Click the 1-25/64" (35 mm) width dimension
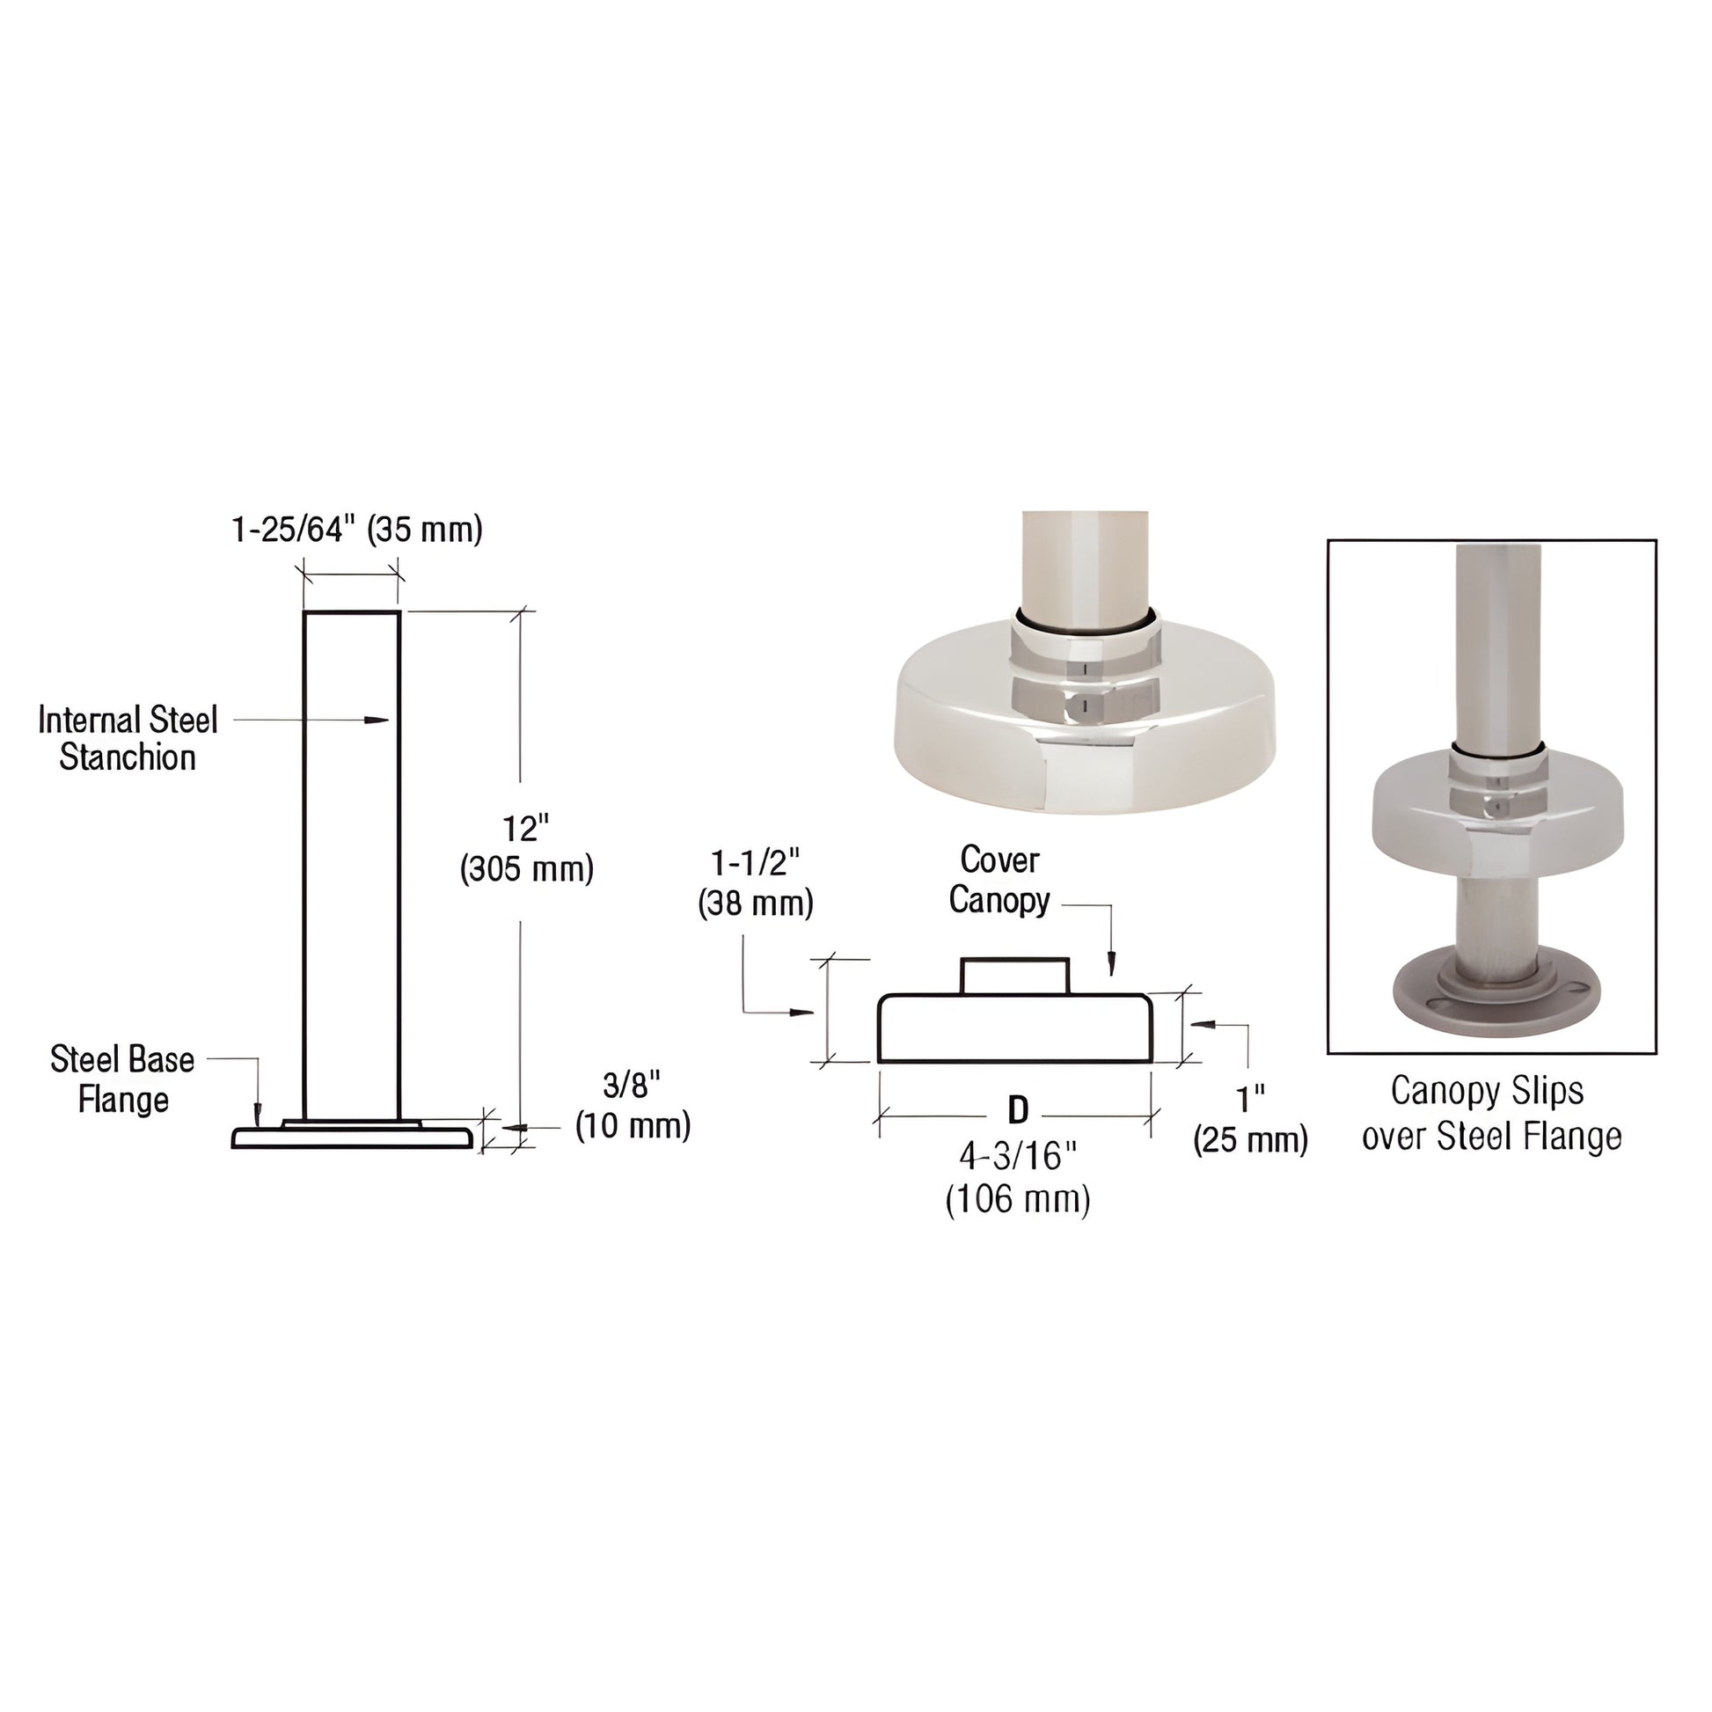click(356, 530)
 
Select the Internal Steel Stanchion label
click(128, 738)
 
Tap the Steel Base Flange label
click(122, 1079)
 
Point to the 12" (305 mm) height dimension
click(526, 849)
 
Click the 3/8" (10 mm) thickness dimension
click(633, 1105)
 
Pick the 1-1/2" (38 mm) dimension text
click(755, 882)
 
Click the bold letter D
click(1018, 1109)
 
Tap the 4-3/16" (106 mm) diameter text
click(1018, 1178)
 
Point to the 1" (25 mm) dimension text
click(1250, 1119)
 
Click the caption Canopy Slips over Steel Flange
click(1491, 1113)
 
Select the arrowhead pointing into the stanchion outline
click(378, 720)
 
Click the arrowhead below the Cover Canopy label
click(1111, 965)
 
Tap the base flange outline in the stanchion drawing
click(353, 1137)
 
